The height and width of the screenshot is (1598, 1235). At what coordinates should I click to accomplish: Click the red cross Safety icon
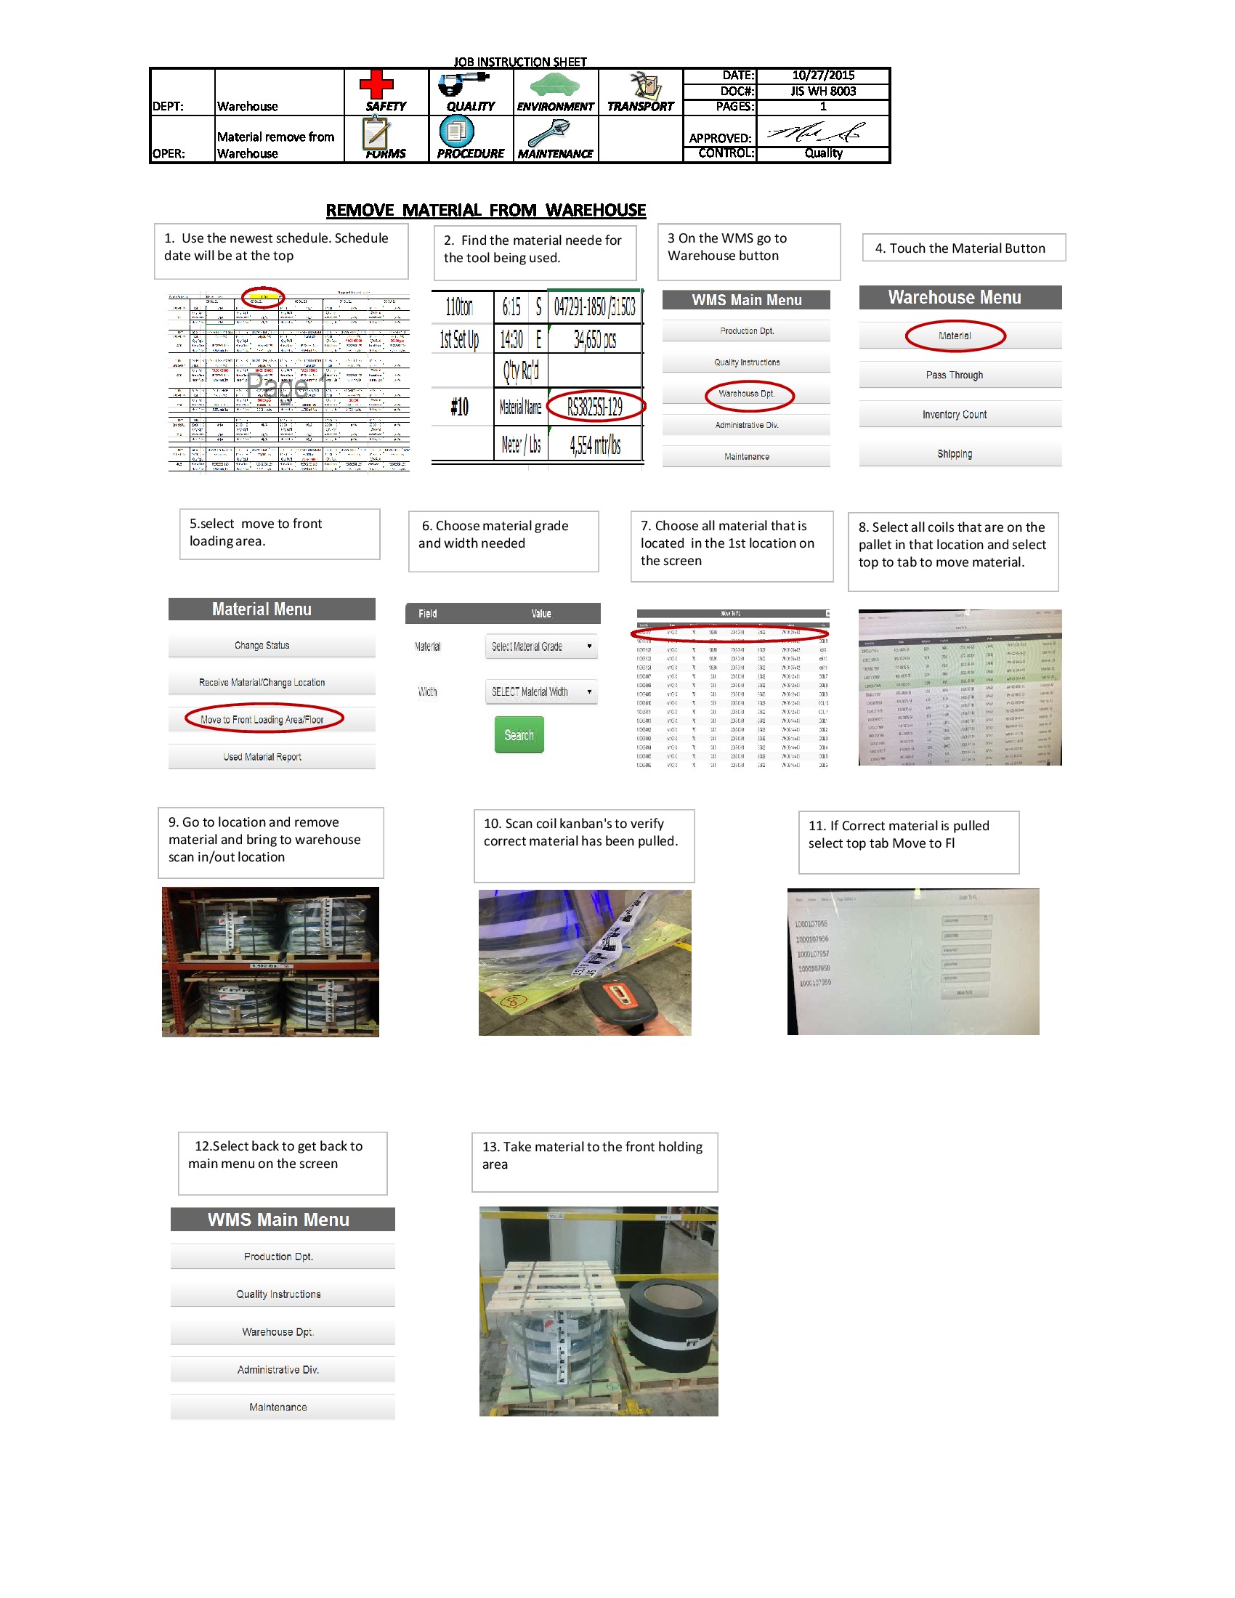click(376, 85)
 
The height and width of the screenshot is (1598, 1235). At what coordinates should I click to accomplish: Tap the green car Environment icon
click(554, 86)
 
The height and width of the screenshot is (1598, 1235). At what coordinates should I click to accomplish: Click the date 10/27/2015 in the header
click(822, 76)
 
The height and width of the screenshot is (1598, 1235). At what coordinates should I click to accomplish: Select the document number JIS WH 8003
click(822, 92)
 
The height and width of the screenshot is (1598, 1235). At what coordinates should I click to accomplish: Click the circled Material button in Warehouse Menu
click(954, 336)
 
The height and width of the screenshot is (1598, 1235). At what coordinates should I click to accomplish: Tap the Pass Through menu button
click(954, 376)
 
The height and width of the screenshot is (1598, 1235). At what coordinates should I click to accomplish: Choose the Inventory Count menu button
click(954, 415)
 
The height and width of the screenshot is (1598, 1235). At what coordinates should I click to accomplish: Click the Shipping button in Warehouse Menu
click(954, 455)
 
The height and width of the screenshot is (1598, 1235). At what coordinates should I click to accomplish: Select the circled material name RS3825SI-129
click(594, 407)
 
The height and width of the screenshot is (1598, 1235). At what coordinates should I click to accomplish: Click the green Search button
click(519, 735)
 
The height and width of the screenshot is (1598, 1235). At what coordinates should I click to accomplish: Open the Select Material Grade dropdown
click(540, 646)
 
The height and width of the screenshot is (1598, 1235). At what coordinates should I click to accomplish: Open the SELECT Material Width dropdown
click(540, 692)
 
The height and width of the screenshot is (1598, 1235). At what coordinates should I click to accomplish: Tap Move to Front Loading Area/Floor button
click(263, 720)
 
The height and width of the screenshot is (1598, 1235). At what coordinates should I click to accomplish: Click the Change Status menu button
click(263, 645)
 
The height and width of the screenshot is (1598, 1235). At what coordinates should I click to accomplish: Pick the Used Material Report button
click(263, 758)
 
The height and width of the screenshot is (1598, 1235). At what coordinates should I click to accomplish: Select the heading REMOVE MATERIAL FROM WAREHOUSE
click(486, 211)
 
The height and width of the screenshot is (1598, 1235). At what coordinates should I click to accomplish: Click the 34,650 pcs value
click(594, 339)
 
